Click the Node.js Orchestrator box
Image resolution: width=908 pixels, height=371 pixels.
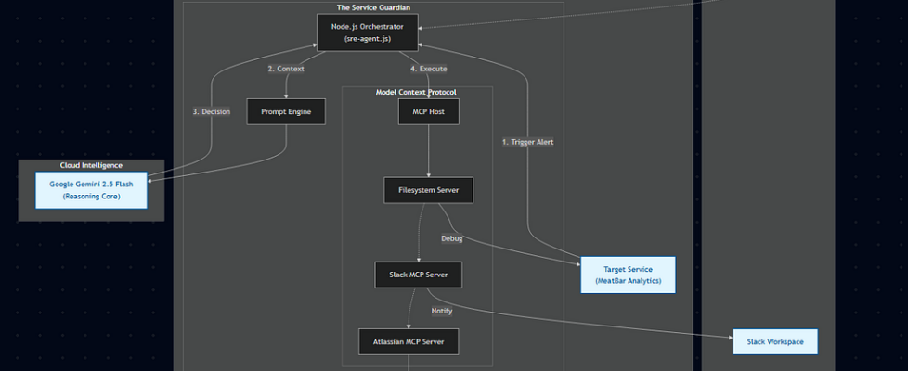(x=368, y=32)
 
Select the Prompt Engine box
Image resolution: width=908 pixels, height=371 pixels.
(x=286, y=112)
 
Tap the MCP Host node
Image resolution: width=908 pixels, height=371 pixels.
(x=428, y=112)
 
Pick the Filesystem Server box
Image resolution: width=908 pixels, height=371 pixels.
(x=428, y=191)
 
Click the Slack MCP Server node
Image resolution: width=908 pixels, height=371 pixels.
(x=418, y=275)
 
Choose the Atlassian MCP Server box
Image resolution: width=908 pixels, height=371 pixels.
(x=409, y=341)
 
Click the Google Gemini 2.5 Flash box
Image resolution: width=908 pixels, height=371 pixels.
(x=91, y=190)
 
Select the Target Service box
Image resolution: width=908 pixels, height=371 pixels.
(x=628, y=275)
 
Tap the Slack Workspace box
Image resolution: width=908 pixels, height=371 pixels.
(x=774, y=341)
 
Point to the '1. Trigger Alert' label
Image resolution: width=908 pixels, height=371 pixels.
(x=527, y=142)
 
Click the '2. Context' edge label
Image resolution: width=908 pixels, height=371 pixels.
(x=285, y=69)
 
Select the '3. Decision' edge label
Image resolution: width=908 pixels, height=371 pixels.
(x=211, y=111)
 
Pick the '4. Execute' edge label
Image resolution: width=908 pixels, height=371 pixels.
(x=428, y=69)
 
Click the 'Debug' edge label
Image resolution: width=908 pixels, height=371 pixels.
(x=451, y=238)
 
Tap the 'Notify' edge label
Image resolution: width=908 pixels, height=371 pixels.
(x=442, y=311)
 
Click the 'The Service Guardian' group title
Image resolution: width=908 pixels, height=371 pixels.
(x=373, y=7)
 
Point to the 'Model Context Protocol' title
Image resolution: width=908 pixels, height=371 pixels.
(x=416, y=92)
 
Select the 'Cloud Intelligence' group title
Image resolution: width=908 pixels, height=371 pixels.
(x=91, y=165)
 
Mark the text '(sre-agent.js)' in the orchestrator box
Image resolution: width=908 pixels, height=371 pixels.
(x=368, y=40)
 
